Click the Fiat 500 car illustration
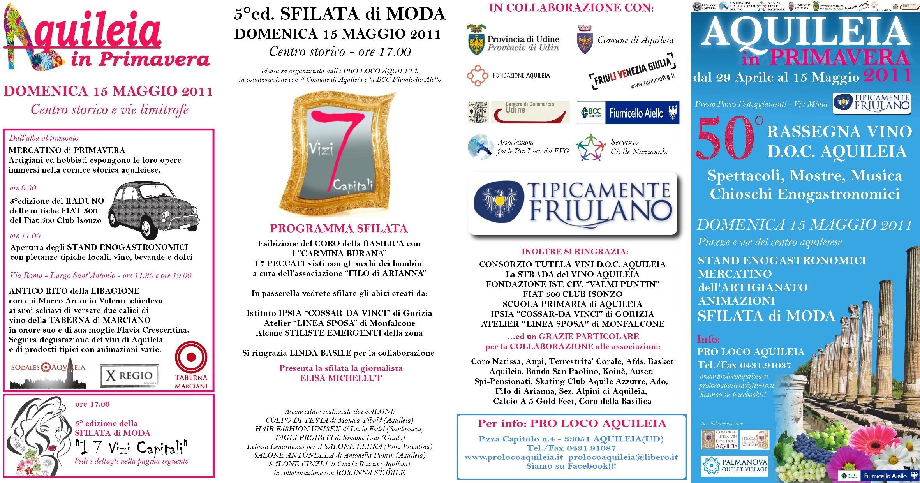pos(153,209)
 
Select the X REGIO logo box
pos(129,375)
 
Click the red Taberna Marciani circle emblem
pos(191,357)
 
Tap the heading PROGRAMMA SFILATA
pos(339,229)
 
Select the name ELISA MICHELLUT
pos(341,378)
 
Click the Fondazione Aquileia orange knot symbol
pos(478,76)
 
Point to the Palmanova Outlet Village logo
pos(735,465)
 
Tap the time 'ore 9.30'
pos(23,188)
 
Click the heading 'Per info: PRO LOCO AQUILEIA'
pos(572,424)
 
